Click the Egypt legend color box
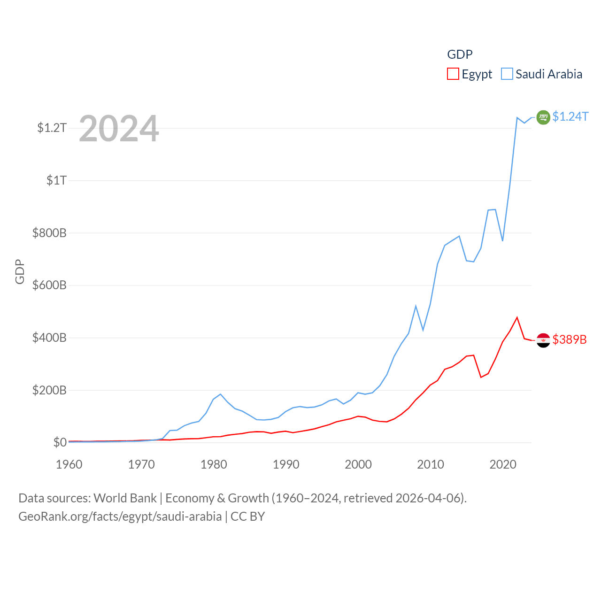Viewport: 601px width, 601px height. pos(453,74)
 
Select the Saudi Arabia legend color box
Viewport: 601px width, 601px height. pos(507,74)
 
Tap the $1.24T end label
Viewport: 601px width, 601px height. pos(570,116)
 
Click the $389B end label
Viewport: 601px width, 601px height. pos(569,339)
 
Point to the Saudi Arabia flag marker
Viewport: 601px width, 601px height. pos(543,117)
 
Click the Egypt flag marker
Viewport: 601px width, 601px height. pos(543,340)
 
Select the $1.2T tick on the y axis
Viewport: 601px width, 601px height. pos(52,128)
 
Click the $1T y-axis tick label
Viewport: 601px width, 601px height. pos(56,180)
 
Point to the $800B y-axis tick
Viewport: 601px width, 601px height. pos(49,233)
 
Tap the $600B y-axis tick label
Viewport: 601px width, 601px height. pos(49,285)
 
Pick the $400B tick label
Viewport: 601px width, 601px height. pos(49,338)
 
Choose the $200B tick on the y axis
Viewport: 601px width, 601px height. pos(49,390)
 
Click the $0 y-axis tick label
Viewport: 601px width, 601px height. pos(60,442)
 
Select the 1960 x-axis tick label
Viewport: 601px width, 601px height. pos(69,464)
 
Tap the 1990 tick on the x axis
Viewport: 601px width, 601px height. pos(286,464)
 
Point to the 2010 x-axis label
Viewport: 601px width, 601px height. pos(431,464)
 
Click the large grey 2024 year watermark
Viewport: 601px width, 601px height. pos(119,129)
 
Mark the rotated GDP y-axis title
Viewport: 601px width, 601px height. pos(20,271)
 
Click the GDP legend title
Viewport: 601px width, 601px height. pos(460,54)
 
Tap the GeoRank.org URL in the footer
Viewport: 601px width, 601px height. pos(120,516)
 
